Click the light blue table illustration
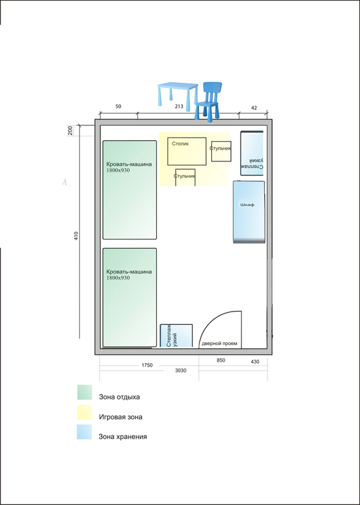tap(178, 93)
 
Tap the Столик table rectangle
tap(187, 151)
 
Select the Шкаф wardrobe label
tap(248, 205)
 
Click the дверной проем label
tap(219, 344)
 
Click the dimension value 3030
tap(180, 371)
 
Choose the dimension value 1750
tap(146, 365)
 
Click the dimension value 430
tap(254, 361)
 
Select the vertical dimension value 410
tap(76, 236)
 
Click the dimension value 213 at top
tap(179, 107)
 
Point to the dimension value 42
tap(254, 108)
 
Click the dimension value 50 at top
tap(119, 107)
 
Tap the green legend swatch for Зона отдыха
tap(85, 392)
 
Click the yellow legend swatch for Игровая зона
tap(85, 413)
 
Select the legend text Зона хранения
tap(123, 437)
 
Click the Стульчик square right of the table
tap(221, 151)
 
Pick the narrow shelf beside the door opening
tap(176, 336)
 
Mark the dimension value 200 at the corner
tap(71, 130)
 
